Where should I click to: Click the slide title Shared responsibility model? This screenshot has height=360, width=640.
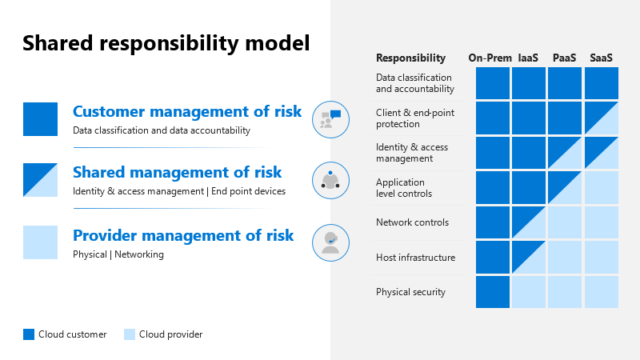[166, 43]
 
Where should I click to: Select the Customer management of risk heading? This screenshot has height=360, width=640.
[187, 111]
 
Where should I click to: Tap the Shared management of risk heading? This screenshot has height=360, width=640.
[177, 172]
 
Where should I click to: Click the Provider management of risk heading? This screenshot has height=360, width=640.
[183, 235]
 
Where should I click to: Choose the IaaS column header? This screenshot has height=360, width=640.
[527, 58]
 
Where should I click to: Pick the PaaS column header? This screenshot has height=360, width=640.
[565, 58]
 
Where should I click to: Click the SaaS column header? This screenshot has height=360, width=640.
[602, 58]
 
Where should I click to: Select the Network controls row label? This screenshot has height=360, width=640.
[412, 222]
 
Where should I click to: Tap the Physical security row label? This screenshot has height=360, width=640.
[410, 292]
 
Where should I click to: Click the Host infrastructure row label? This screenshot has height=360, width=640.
[415, 258]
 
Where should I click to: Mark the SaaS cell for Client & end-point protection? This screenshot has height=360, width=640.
[602, 118]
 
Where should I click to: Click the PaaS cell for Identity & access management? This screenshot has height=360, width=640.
[565, 153]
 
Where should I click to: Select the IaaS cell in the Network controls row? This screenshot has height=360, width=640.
[529, 222]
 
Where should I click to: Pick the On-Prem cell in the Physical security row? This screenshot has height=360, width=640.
[493, 292]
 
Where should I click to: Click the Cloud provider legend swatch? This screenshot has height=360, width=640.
[130, 334]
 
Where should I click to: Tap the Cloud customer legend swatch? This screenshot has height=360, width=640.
[29, 334]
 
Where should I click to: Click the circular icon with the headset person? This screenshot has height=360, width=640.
[330, 240]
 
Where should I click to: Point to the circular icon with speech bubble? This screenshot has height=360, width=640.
[330, 118]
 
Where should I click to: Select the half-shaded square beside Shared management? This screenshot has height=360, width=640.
[40, 180]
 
